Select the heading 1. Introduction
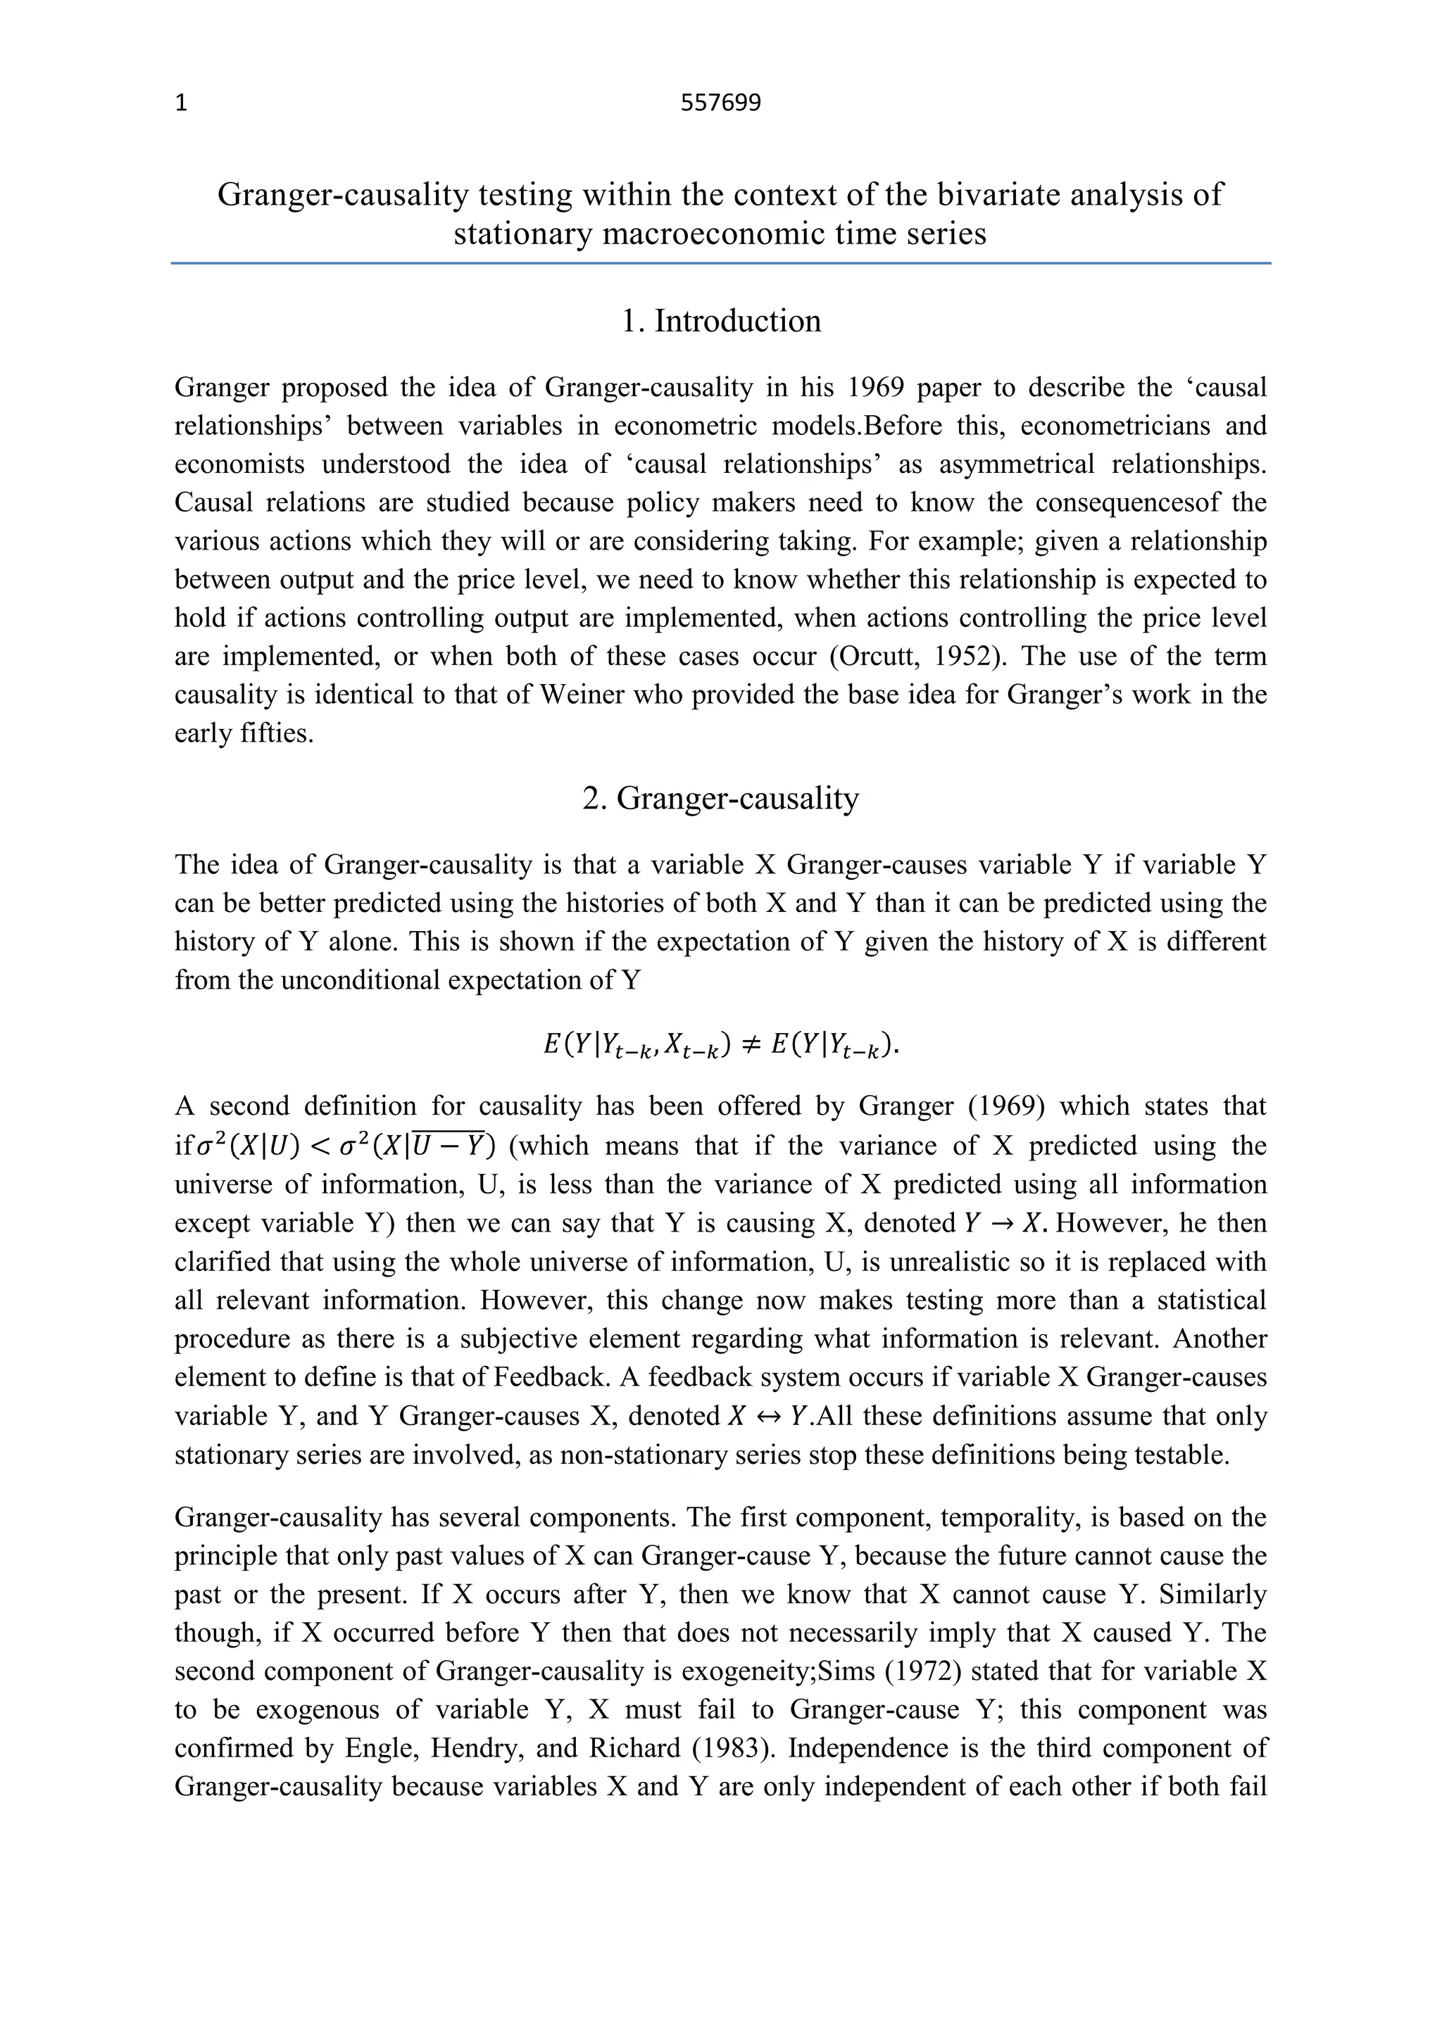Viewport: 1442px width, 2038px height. pos(720,320)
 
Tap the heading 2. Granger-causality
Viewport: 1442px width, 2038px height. pos(720,798)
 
